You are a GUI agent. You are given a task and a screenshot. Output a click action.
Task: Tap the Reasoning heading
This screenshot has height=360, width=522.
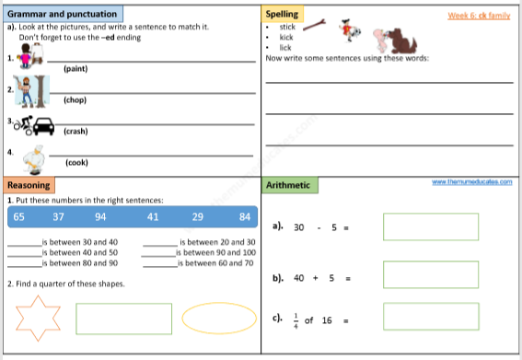coord(29,185)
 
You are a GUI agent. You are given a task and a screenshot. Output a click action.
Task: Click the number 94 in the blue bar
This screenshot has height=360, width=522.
coord(100,216)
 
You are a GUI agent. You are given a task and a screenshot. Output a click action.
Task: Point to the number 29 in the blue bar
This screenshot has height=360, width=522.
coord(197,216)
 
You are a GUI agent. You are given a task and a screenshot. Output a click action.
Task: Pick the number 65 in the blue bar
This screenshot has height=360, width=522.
coord(19,216)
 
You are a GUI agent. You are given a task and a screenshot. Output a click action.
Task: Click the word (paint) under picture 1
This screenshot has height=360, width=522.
coord(75,69)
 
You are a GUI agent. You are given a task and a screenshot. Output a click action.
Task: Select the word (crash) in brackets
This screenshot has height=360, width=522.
coord(75,131)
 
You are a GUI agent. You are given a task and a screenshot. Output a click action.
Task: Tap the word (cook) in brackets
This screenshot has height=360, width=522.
coord(76,162)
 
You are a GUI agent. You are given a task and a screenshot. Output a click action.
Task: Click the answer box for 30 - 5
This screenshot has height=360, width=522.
coord(430,226)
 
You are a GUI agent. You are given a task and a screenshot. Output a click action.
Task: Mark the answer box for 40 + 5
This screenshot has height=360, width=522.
coord(430,273)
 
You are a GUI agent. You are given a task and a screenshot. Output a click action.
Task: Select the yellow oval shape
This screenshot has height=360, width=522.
coord(219,319)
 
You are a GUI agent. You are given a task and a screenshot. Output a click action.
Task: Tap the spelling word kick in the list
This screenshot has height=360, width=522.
coord(285,37)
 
